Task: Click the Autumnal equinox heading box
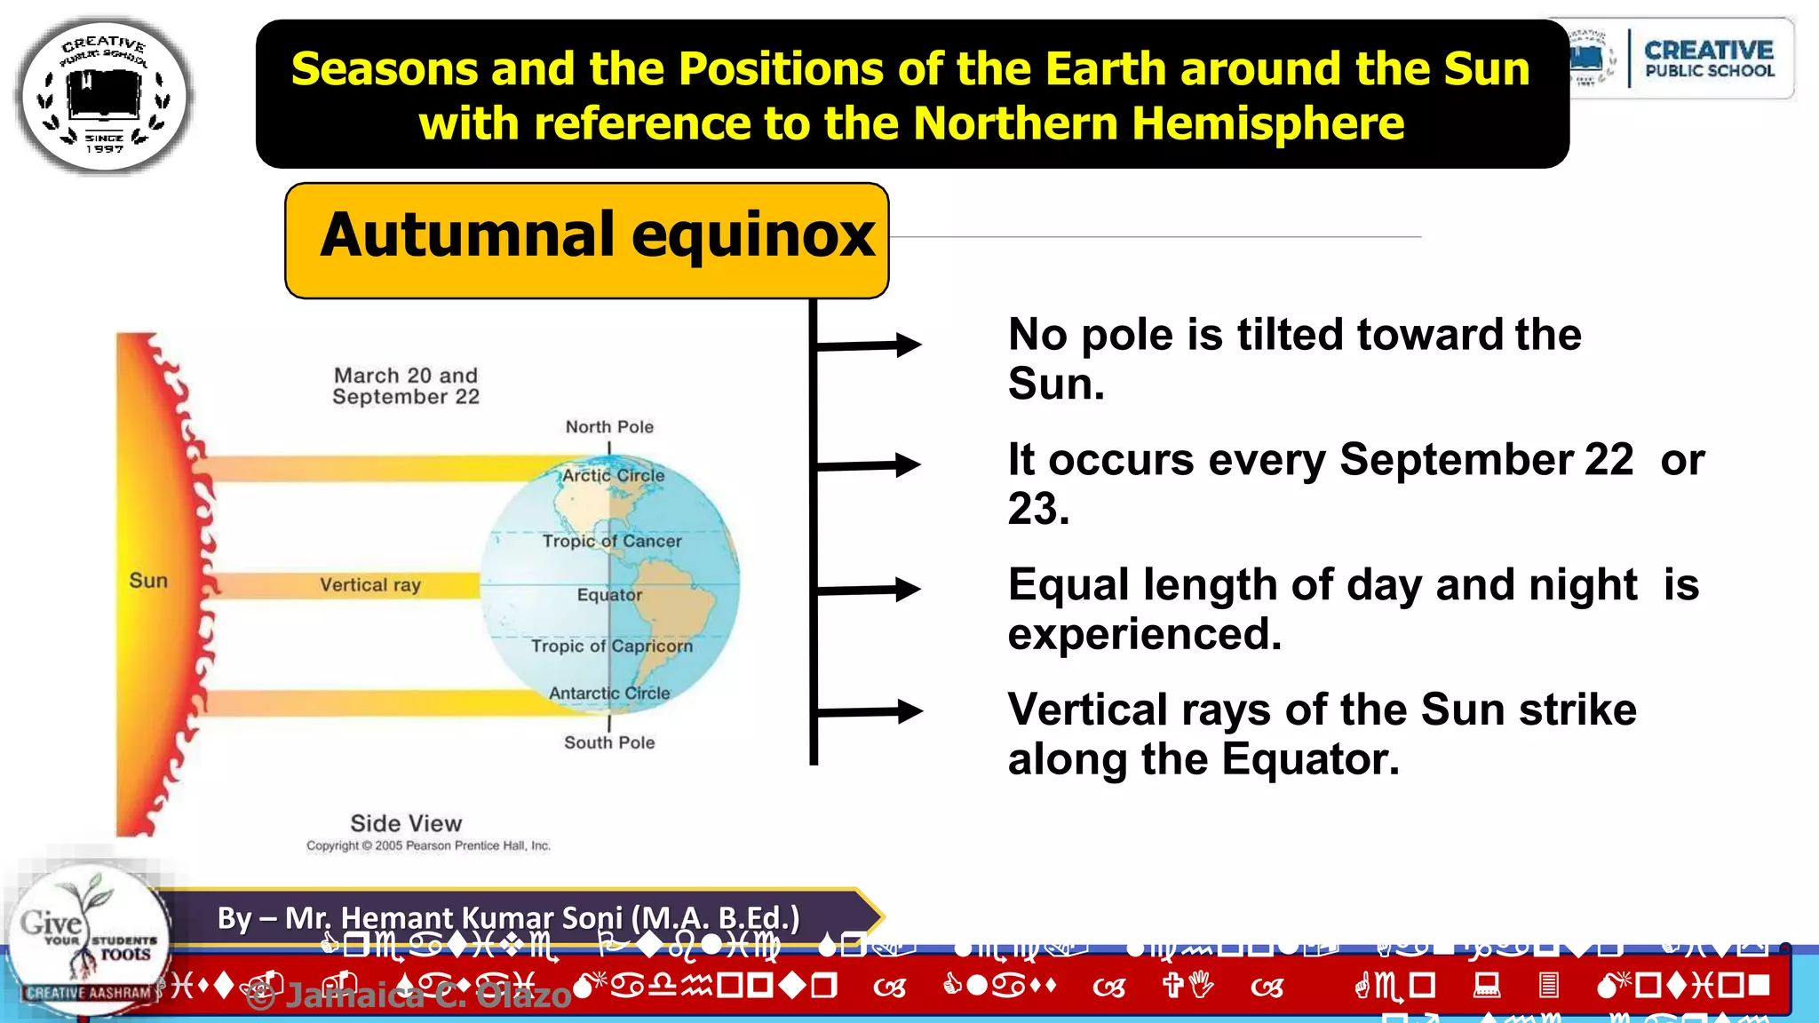click(586, 240)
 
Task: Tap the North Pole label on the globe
click(609, 427)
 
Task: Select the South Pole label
click(609, 742)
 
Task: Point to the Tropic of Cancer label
click(612, 541)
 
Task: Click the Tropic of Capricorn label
click(612, 646)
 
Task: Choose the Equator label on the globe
click(609, 595)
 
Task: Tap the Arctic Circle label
click(613, 475)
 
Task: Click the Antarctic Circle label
click(609, 694)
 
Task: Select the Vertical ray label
click(370, 585)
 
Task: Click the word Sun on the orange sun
click(148, 581)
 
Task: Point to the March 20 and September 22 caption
click(406, 386)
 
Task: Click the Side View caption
click(406, 823)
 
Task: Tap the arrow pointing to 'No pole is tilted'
click(869, 345)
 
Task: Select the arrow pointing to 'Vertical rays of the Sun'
click(869, 711)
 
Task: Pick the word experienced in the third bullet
click(1144, 634)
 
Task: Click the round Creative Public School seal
click(104, 95)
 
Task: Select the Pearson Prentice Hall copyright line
click(428, 845)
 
